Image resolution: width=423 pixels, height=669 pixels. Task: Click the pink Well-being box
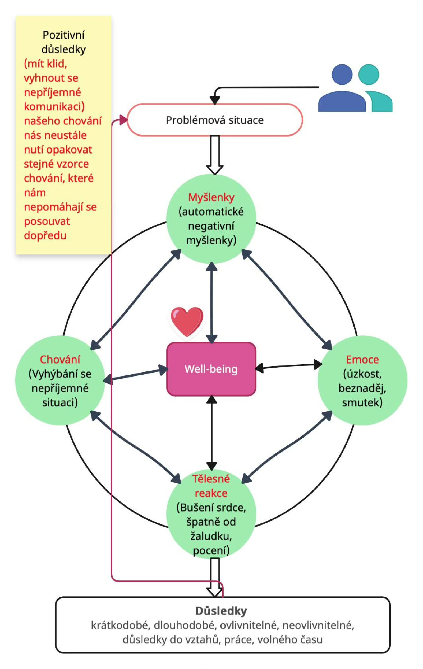pyautogui.click(x=211, y=369)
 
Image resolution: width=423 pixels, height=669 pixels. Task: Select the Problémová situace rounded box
pyautogui.click(x=215, y=120)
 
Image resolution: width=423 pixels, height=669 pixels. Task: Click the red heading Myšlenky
pyautogui.click(x=211, y=197)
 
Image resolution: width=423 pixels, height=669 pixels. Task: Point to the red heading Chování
pyautogui.click(x=60, y=360)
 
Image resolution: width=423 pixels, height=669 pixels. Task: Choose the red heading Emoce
pyautogui.click(x=362, y=360)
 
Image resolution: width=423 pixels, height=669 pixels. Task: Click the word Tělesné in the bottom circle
pyautogui.click(x=211, y=479)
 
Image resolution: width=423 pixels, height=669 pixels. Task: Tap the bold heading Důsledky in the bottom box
pyautogui.click(x=221, y=611)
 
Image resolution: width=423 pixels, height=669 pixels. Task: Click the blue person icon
pyautogui.click(x=342, y=89)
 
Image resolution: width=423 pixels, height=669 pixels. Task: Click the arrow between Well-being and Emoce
pyautogui.click(x=288, y=366)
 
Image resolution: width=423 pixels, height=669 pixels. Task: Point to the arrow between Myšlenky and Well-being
pyautogui.click(x=212, y=303)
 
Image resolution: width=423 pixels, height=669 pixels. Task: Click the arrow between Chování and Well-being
pyautogui.click(x=136, y=374)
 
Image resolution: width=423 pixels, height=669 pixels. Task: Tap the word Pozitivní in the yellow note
pyautogui.click(x=63, y=35)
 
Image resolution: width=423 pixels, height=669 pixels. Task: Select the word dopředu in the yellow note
pyautogui.click(x=45, y=236)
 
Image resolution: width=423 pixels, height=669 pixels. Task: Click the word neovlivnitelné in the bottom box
pyautogui.click(x=318, y=625)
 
